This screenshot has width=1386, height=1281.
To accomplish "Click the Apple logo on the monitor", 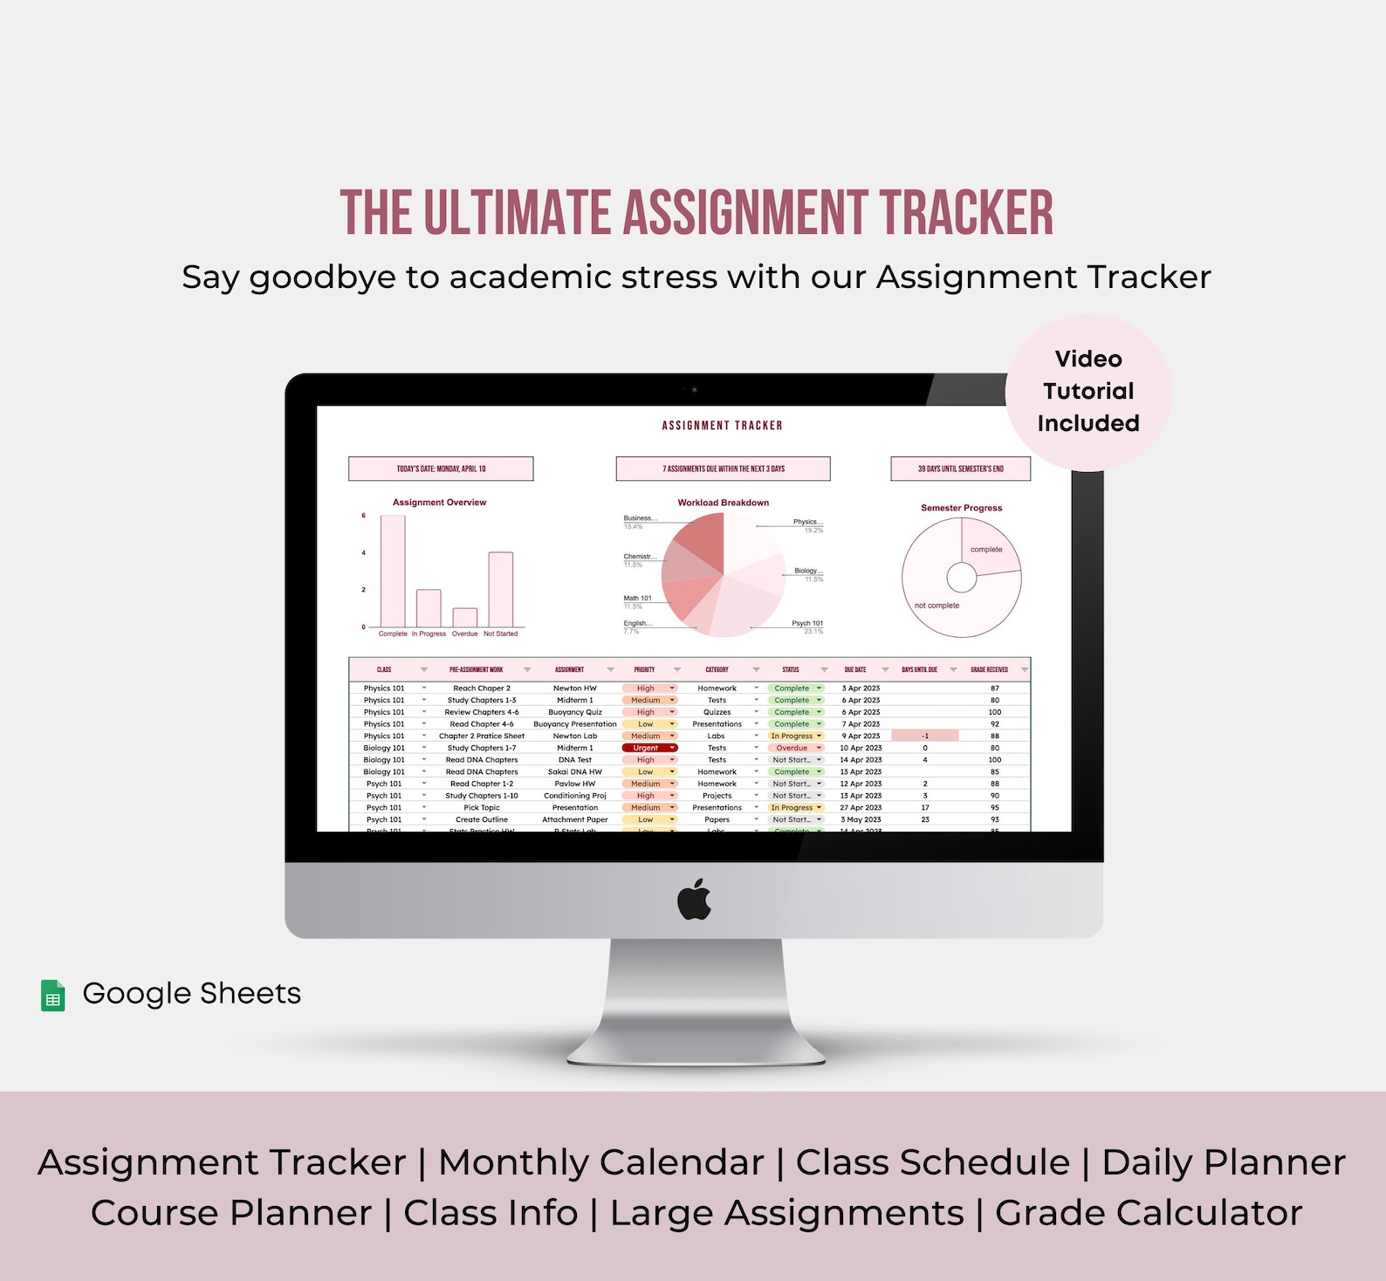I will point(695,900).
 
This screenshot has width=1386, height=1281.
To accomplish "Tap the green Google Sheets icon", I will point(53,996).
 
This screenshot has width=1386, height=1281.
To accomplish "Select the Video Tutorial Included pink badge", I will point(1088,392).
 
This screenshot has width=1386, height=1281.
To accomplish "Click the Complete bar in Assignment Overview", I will point(393,571).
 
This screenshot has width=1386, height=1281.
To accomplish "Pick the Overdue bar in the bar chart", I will point(465,617).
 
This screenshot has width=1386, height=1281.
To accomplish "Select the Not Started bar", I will point(500,589).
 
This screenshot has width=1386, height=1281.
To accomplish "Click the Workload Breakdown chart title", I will point(723,503).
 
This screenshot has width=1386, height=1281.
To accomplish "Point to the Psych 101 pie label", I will point(806,623).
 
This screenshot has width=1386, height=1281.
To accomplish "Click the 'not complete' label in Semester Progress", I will point(937,606).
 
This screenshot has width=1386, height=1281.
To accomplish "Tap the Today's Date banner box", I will point(441,469).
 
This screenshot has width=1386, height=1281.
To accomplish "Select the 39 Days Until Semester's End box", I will point(960,469).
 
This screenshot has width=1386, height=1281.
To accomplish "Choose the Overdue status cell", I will point(793,748).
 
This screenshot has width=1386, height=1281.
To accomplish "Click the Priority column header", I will point(644,669).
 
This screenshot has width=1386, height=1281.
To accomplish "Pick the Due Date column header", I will point(854,669).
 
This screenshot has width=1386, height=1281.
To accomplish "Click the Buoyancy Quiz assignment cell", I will point(575,712).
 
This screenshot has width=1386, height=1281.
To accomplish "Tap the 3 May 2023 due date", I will point(861,819).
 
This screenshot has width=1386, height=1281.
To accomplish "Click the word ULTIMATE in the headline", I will point(517,214).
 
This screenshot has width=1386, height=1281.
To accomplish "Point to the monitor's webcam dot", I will point(695,389).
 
